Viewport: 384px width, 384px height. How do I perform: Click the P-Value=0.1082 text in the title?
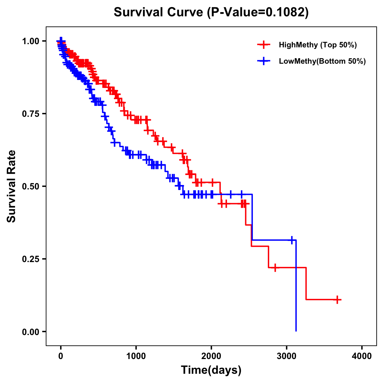pos(258,12)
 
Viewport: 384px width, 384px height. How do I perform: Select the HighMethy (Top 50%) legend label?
pos(318,45)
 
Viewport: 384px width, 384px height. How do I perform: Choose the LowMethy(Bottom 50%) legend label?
pos(322,61)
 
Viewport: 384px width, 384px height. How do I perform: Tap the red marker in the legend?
pos(264,45)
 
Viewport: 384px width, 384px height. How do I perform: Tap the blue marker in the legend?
pos(264,61)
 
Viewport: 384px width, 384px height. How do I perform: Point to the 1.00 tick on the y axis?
pos(30,41)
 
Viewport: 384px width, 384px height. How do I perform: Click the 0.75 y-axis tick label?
pos(30,114)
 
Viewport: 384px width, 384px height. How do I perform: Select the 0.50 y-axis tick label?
pos(30,186)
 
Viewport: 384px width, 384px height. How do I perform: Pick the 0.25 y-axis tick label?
pos(30,259)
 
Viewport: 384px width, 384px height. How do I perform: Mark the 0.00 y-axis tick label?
pos(30,332)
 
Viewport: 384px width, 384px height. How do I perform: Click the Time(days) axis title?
pos(211,370)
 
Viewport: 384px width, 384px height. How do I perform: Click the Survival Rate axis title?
pos(12,186)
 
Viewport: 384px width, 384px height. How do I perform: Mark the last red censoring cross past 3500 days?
pos(337,300)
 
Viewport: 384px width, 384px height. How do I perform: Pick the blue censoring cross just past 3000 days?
pos(292,240)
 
